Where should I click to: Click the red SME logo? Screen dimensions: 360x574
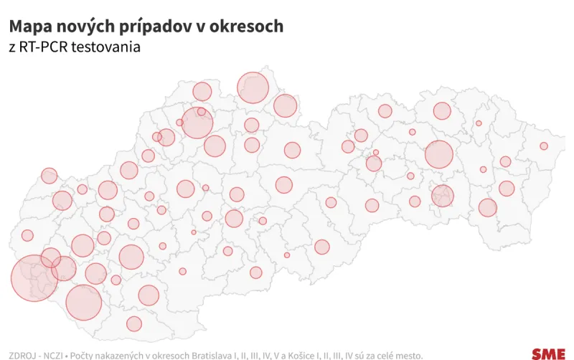click(x=548, y=354)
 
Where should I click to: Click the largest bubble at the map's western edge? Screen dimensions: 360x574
click(x=34, y=278)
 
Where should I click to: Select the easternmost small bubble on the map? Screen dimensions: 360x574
click(x=544, y=146)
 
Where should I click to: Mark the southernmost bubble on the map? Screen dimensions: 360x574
click(x=134, y=323)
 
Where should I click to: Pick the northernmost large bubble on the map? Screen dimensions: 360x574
click(x=253, y=87)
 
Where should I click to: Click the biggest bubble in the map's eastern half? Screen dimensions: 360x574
click(x=439, y=155)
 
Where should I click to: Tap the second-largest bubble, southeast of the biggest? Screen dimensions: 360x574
click(x=84, y=301)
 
